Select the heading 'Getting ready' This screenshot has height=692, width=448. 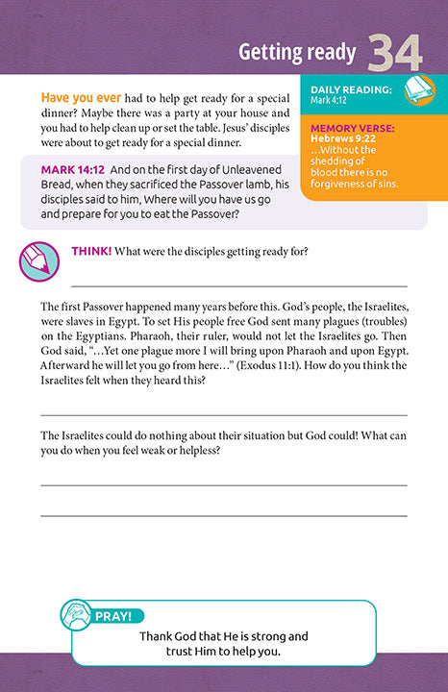[297, 53]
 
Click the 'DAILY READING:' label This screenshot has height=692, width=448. [351, 89]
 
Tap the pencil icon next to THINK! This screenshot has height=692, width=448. [38, 261]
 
